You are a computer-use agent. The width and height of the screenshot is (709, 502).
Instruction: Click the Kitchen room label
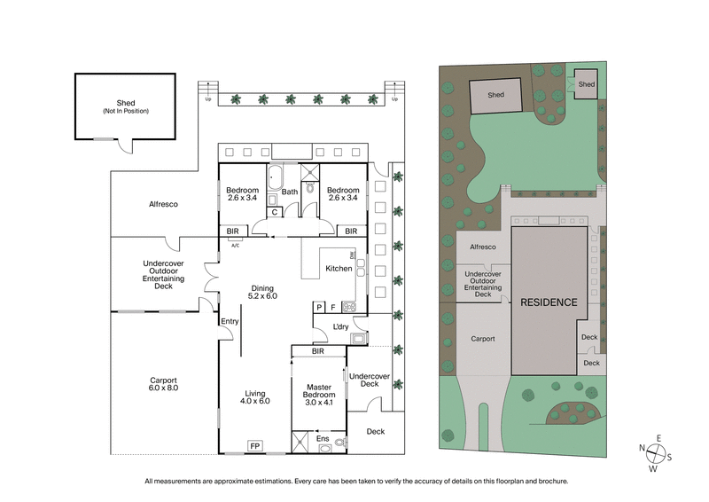click(339, 268)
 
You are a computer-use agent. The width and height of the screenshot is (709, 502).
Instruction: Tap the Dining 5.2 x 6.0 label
click(264, 292)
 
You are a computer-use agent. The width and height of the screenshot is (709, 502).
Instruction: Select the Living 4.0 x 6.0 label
click(255, 396)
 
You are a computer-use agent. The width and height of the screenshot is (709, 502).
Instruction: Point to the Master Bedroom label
click(318, 391)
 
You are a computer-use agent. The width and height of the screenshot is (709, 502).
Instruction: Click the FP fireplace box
click(254, 445)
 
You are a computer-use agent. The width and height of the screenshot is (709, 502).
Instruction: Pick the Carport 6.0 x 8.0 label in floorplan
click(163, 384)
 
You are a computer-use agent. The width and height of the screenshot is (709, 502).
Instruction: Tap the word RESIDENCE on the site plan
click(549, 302)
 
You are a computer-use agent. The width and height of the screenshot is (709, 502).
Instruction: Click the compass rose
click(657, 452)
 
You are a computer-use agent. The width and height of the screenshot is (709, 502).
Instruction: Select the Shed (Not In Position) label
click(125, 106)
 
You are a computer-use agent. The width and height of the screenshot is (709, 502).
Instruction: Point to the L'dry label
click(340, 327)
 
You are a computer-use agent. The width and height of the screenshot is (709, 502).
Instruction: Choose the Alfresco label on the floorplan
click(163, 204)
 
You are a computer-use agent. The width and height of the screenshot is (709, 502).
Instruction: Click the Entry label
click(230, 321)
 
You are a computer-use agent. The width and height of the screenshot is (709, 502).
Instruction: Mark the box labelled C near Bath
click(275, 211)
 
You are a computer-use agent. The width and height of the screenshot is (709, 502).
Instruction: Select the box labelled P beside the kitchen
click(319, 307)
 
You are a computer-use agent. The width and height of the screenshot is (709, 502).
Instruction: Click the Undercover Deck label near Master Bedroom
click(364, 380)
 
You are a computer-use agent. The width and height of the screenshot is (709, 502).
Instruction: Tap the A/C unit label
click(236, 245)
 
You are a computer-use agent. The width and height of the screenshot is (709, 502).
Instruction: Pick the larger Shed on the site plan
click(495, 95)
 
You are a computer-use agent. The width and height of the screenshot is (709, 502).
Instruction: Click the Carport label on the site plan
click(483, 339)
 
